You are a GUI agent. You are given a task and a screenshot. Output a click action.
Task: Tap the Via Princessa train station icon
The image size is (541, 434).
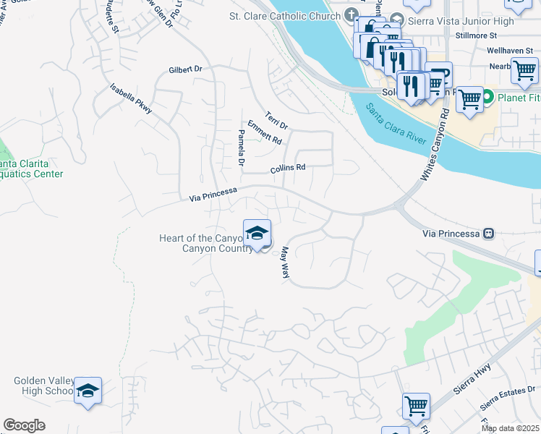tap(490, 234)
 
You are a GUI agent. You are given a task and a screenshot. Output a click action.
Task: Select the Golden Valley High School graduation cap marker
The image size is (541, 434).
tap(88, 391)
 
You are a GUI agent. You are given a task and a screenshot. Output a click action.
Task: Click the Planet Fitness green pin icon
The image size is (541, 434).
tap(487, 97)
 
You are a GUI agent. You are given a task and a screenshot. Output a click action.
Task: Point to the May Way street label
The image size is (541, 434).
tap(285, 263)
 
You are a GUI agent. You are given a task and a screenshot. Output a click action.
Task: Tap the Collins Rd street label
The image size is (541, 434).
tap(288, 169)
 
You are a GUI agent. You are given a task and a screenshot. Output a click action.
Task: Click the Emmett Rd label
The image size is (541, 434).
tap(263, 132)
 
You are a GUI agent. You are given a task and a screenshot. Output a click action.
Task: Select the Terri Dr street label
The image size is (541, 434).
tap(276, 119)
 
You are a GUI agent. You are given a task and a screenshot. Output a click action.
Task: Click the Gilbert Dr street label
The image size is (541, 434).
tap(184, 69)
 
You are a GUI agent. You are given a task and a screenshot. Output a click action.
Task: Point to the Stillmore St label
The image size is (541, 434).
tap(477, 35)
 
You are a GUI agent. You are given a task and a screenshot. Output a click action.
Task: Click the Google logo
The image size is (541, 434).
tap(25, 425)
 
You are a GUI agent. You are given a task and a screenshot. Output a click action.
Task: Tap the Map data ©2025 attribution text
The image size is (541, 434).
tap(509, 428)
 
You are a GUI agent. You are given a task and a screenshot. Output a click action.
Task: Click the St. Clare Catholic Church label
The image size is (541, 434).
tap(285, 15)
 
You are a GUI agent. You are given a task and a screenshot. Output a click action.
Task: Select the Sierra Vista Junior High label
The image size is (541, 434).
tap(473, 21)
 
